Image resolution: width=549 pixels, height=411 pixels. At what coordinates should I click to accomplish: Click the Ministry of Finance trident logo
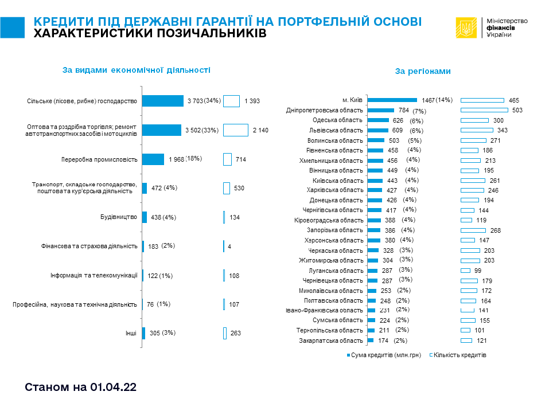[x=466, y=28]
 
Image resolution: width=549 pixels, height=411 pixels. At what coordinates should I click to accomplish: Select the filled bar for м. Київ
[x=392, y=100]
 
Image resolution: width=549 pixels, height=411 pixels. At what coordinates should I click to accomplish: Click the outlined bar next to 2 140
[x=235, y=130]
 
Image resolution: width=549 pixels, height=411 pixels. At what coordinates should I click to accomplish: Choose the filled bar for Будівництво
[x=144, y=217]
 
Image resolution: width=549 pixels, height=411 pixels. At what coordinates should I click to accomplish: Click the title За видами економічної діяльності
[x=136, y=70]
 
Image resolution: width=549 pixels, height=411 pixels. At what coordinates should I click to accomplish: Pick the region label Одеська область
[x=337, y=120]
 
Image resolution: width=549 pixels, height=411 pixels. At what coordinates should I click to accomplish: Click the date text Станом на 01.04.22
[x=81, y=387]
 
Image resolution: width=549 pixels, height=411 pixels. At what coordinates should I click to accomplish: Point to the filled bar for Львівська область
[x=377, y=130]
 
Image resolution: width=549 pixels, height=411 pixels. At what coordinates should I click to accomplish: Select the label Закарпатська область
[x=331, y=340]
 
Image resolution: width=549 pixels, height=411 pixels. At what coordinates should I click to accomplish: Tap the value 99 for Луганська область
[x=478, y=271]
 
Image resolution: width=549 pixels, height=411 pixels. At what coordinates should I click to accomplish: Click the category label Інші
[x=131, y=333]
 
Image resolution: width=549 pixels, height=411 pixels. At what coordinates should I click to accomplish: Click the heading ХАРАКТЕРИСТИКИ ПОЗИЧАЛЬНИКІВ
[x=150, y=34]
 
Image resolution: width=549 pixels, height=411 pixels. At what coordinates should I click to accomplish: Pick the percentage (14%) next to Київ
[x=444, y=100]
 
